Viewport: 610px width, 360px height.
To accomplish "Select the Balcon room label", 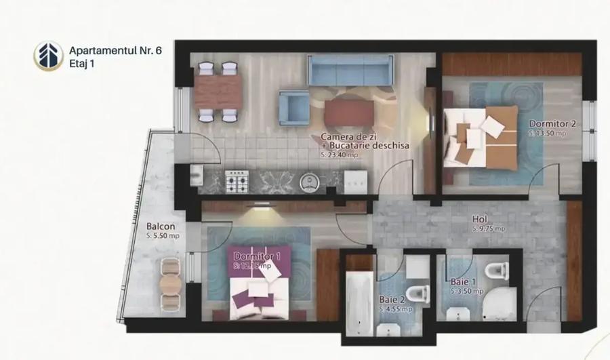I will (x=161, y=227).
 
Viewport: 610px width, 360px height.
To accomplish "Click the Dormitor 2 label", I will (x=553, y=124).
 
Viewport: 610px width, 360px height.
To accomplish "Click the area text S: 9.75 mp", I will (x=488, y=228).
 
